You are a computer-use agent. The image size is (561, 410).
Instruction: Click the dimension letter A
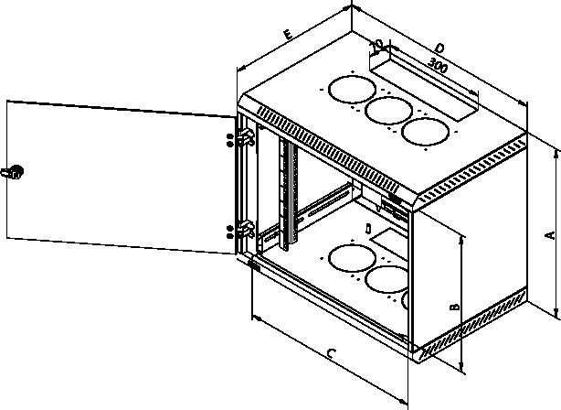click(550, 235)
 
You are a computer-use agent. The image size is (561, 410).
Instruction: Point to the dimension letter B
click(454, 307)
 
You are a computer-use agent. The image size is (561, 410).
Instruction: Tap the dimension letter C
click(332, 354)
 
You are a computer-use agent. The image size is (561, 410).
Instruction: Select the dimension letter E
click(288, 35)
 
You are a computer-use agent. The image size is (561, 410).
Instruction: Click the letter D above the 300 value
click(439, 48)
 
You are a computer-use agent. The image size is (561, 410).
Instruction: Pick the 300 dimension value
click(438, 65)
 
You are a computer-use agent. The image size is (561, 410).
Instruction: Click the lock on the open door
click(13, 172)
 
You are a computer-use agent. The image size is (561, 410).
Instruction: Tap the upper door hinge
click(247, 137)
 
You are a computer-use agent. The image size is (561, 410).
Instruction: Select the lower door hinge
click(247, 230)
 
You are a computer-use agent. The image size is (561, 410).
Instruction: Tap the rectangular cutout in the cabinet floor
click(390, 243)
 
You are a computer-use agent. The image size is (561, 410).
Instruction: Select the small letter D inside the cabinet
click(368, 229)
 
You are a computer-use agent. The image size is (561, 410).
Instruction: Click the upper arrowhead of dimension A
click(556, 155)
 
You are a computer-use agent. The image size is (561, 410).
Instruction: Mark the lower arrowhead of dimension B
click(461, 366)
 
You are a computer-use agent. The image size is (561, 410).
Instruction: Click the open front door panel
click(121, 178)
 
